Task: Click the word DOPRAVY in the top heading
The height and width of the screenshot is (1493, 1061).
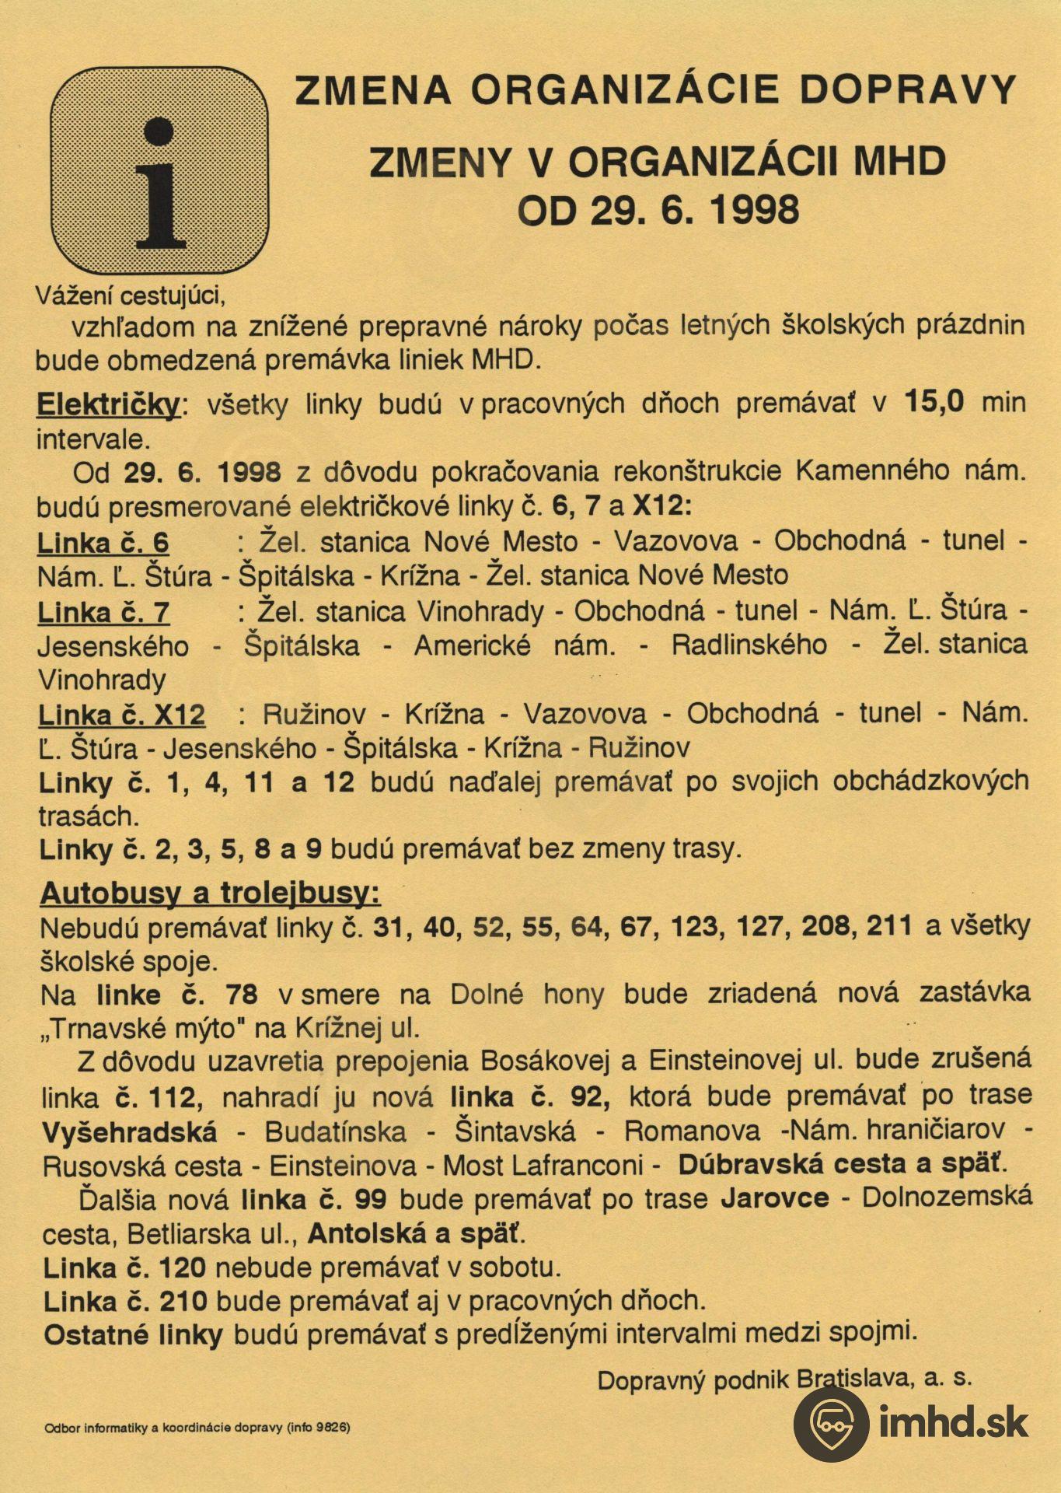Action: [x=908, y=90]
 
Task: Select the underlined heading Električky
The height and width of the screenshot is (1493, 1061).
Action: [x=108, y=405]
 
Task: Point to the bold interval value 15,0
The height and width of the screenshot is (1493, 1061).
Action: [x=935, y=402]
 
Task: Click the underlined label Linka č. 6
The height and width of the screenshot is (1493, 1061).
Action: [x=103, y=543]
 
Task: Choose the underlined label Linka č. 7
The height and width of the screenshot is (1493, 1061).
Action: [x=103, y=613]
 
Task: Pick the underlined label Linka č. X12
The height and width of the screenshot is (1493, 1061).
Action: [x=122, y=715]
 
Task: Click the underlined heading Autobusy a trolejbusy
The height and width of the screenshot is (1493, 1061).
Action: [x=210, y=893]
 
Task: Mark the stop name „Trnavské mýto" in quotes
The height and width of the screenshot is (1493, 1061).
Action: [x=138, y=1029]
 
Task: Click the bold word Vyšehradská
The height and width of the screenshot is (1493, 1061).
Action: [x=129, y=1131]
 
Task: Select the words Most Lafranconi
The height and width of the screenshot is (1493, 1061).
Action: [x=543, y=1166]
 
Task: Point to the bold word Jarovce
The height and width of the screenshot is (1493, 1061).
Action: [x=774, y=1198]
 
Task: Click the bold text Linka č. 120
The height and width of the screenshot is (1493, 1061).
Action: [x=124, y=1268]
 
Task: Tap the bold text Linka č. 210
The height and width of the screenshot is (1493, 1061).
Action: [x=124, y=1301]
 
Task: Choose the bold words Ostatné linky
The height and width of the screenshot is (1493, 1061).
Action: [x=133, y=1335]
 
